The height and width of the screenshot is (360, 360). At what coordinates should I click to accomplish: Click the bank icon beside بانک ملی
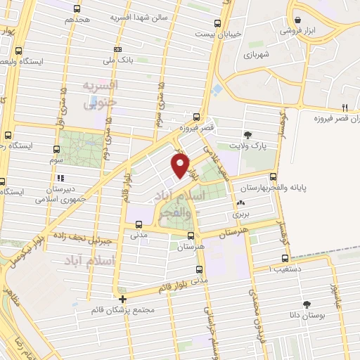click(x=118, y=49)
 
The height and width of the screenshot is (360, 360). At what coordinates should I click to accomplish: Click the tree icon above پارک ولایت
click(x=247, y=134)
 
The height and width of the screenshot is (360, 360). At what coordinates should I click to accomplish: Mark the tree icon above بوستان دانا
click(x=307, y=304)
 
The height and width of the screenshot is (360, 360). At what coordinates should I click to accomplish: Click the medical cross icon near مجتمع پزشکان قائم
click(x=122, y=297)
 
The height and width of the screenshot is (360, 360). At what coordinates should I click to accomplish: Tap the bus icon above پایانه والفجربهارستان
click(x=273, y=177)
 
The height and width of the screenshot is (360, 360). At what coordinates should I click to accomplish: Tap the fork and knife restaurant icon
click(x=345, y=108)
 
